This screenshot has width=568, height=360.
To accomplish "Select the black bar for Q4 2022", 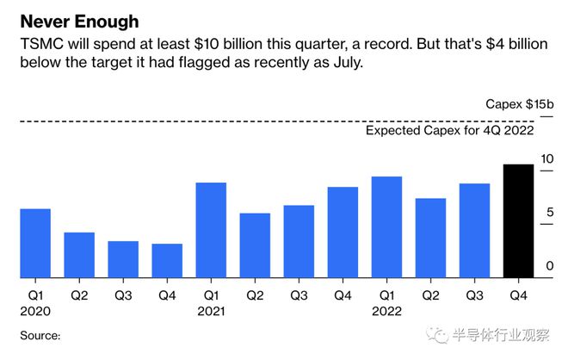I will pos(517,221).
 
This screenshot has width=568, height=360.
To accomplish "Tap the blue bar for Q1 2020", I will pos(35,243).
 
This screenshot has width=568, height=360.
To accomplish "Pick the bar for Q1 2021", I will pos(211,230).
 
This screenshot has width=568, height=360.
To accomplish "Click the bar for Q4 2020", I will pos(167,261).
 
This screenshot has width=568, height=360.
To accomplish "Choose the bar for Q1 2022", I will pos(386,227).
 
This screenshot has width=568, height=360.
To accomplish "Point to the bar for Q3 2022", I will pos(473,231).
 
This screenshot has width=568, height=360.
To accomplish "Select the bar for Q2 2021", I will pos(255,245).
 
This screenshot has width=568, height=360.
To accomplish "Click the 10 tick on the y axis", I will pos(547,159).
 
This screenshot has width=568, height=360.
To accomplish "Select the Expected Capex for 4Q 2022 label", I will pos(450,131).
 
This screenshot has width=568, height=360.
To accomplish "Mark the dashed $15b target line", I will pos(258,121).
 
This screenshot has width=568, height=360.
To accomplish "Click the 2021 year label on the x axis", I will pos(211,312).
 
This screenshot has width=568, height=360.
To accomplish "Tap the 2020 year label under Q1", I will pos(35,312).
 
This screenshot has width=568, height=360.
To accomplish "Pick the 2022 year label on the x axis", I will pos(386,312).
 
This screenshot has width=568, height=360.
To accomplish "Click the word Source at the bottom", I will pos(40,335).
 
